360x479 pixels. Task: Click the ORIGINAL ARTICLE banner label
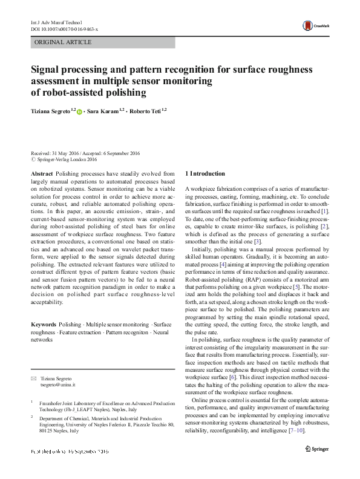tap(64, 42)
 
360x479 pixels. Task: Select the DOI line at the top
tap(64, 29)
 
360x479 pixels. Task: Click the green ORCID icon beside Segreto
tap(79, 112)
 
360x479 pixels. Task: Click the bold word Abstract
tap(42, 173)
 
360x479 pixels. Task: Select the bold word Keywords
tap(45, 325)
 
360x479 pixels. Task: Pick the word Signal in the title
tap(48, 70)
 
